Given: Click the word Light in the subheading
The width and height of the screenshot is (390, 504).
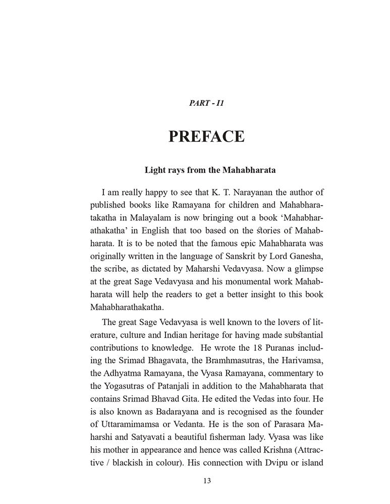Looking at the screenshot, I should coord(155,170).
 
